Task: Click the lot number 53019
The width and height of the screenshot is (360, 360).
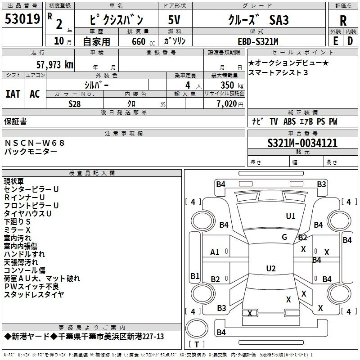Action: click(22, 19)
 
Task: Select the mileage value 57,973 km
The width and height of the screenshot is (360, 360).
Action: click(55, 65)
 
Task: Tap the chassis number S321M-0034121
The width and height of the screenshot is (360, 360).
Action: click(302, 143)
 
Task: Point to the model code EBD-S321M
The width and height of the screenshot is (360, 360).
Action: click(258, 41)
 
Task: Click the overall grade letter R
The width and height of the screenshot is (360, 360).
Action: click(343, 21)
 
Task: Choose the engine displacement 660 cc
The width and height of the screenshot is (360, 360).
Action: click(143, 41)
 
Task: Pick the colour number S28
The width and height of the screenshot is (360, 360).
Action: click(74, 104)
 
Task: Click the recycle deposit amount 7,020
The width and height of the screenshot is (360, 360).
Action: click(227, 104)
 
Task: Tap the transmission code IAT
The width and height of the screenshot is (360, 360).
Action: click(13, 94)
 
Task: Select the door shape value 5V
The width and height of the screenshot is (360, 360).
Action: click(174, 20)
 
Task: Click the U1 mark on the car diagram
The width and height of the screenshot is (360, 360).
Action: click(290, 216)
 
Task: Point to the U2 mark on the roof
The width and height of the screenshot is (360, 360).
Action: click(271, 268)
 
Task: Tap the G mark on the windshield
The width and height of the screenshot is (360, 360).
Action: click(284, 237)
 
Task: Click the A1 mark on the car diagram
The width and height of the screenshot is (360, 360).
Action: click(215, 252)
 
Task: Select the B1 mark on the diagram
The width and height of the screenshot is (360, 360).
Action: click(195, 276)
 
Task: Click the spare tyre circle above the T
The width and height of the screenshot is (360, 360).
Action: click(197, 328)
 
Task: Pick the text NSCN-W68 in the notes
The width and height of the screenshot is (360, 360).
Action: click(35, 143)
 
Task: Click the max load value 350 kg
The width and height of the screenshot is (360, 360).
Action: click(232, 85)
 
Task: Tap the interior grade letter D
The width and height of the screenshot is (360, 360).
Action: click(350, 41)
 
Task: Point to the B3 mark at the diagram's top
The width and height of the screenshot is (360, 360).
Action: click(321, 184)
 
